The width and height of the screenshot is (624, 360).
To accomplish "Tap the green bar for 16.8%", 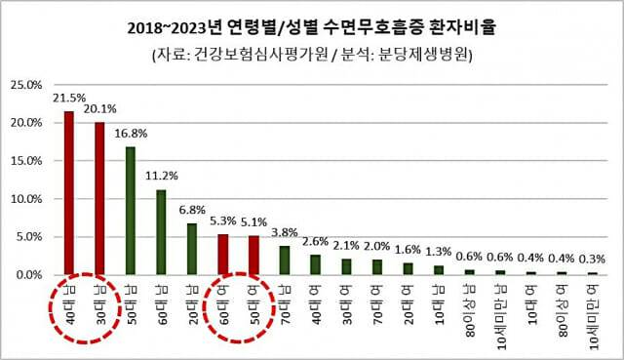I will point(131,211).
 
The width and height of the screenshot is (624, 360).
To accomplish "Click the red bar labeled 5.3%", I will point(222,255).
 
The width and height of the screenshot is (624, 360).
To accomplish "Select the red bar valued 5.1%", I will point(253,256).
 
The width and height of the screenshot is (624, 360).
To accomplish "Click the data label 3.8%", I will point(284,233).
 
